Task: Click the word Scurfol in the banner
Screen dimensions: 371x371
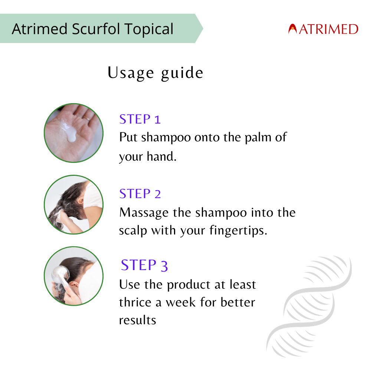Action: coord(96,29)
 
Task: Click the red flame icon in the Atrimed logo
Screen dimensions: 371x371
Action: coord(292,29)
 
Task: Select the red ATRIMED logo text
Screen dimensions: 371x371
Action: coord(328,29)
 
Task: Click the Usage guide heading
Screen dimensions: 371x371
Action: coord(155,73)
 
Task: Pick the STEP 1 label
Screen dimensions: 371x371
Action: coord(140,119)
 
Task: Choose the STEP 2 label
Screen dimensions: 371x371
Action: coord(140,194)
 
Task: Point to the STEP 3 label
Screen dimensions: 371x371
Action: coord(144,265)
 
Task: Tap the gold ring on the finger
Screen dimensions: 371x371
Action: coord(86,118)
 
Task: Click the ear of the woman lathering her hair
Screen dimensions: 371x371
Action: coord(81,201)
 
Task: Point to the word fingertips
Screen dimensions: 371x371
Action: coord(238,230)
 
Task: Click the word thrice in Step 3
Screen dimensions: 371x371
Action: coord(135,302)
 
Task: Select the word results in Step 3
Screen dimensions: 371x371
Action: coord(138,321)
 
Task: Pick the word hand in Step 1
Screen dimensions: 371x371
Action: coord(162,157)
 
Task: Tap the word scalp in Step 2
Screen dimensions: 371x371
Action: coord(133,231)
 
